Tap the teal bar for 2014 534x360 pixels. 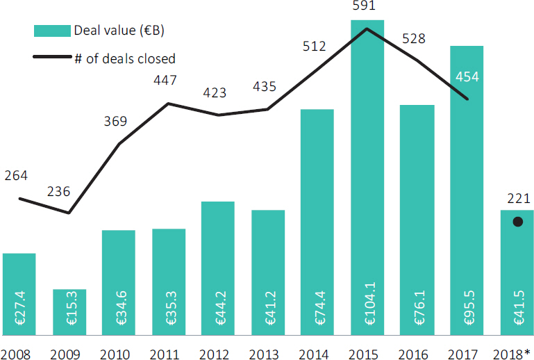click(x=317, y=208)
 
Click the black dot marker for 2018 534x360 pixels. click(x=517, y=222)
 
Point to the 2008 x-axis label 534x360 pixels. click(x=17, y=353)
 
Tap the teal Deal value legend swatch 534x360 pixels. click(x=53, y=31)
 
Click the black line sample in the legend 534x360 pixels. click(x=53, y=59)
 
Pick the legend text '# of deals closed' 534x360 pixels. click(x=125, y=59)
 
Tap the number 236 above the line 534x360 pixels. click(x=58, y=190)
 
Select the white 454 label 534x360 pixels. click(x=467, y=76)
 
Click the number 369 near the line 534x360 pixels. click(x=115, y=122)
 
